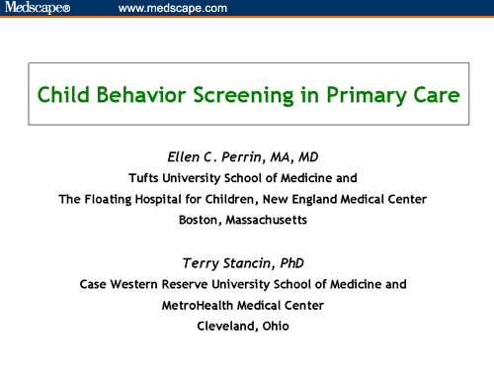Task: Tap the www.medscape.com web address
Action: pos(172,9)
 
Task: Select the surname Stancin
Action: pos(251,262)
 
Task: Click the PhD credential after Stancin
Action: pos(297,262)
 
